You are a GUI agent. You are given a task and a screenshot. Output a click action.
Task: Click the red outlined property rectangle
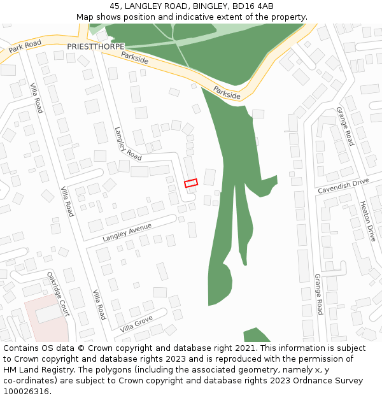191,183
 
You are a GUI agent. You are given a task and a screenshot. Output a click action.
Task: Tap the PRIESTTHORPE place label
95,47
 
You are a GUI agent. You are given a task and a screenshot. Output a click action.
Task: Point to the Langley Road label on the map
128,143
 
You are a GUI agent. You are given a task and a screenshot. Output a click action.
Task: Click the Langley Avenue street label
127,232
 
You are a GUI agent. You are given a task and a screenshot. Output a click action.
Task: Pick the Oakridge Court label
58,294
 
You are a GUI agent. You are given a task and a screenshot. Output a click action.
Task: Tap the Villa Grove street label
136,324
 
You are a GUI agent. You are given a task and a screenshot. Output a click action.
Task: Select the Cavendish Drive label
343,186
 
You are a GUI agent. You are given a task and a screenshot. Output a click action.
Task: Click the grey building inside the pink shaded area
48,313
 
